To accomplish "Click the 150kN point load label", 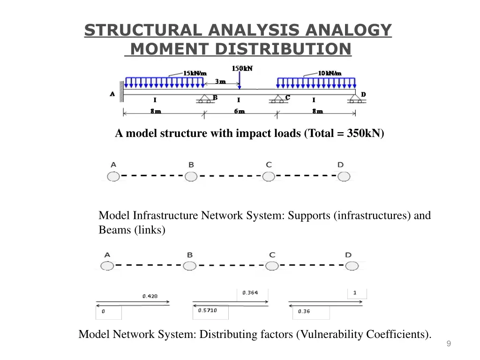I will tap(242, 68).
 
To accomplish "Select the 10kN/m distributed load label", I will tap(330, 73).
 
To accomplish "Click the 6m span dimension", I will tap(239, 112).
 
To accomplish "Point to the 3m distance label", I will tap(220, 82).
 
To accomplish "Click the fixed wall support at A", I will tap(121, 91).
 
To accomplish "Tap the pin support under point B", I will tap(204, 99).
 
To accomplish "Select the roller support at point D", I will tap(356, 99).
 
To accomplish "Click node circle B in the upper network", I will tap(191, 176).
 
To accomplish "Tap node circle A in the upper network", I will tap(113, 176).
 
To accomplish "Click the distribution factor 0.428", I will tap(150, 296).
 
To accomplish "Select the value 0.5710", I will tap(207, 310).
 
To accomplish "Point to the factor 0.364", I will tap(250, 293).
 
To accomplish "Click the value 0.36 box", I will tap(304, 311).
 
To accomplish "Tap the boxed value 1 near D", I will tap(355, 293).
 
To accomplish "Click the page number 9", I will tap(449, 345).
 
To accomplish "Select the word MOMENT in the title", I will tap(169, 49).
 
